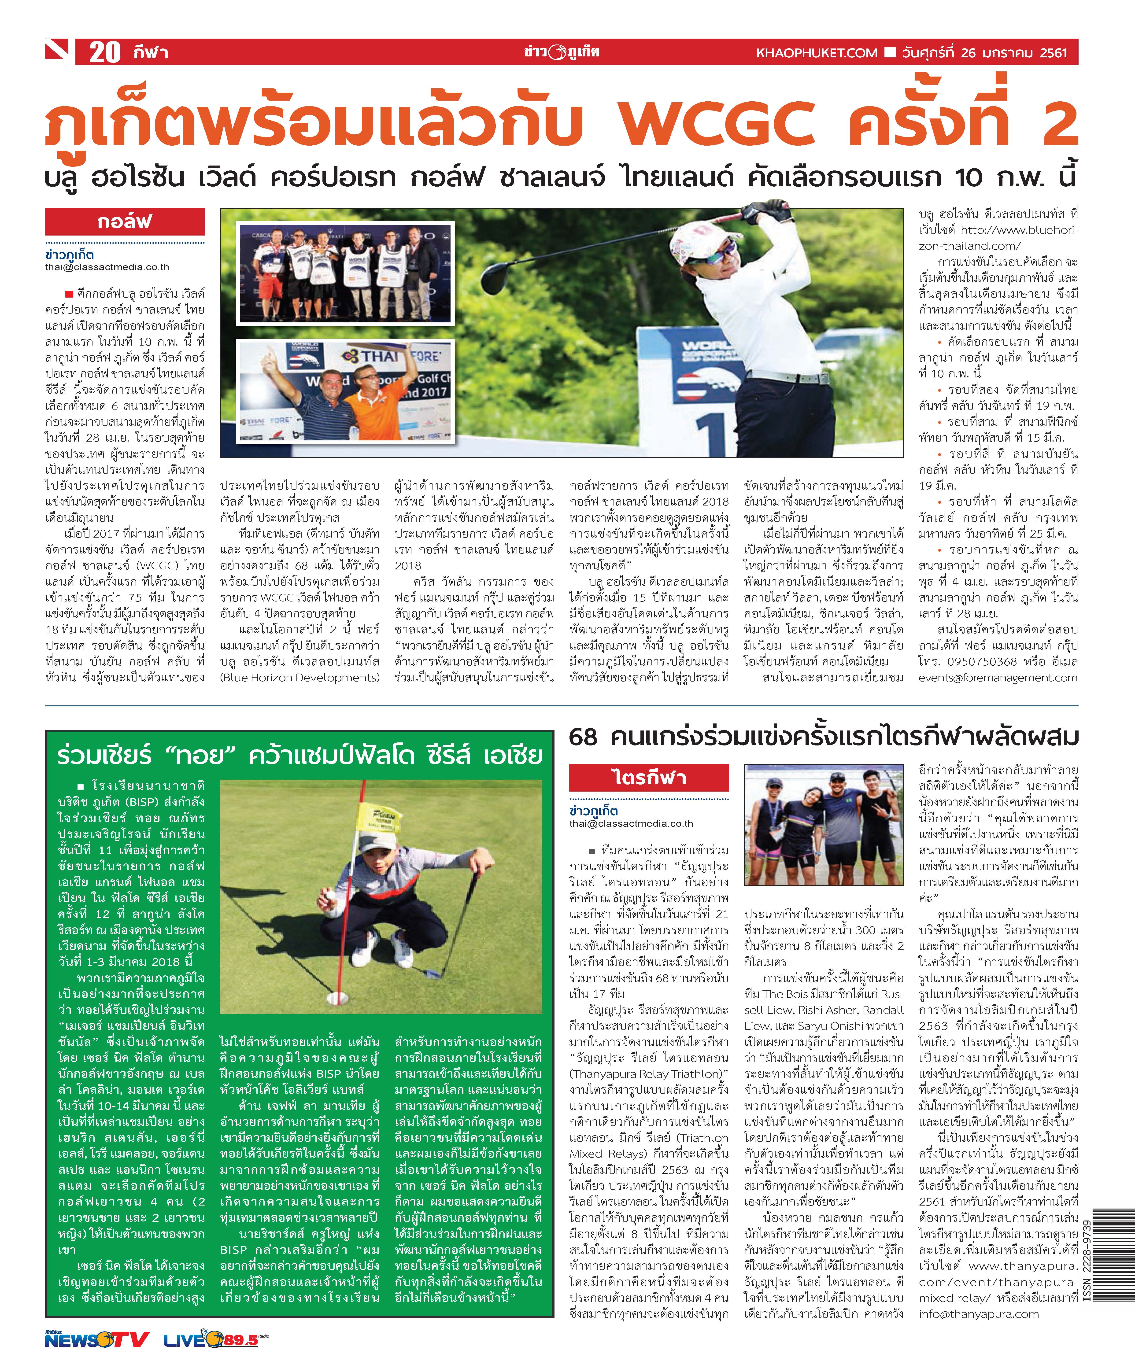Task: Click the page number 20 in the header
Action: (104, 52)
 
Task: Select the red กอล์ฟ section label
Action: (124, 221)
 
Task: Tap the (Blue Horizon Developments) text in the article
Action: (299, 678)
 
